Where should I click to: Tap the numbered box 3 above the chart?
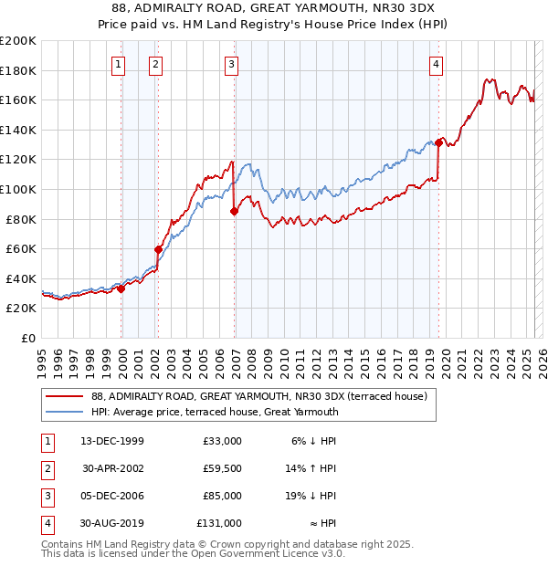click(232, 64)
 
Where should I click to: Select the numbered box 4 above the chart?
click(437, 64)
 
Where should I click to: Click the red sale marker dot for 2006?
click(235, 211)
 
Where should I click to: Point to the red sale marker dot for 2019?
click(439, 142)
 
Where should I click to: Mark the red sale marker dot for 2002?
click(158, 249)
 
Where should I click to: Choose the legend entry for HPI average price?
click(215, 412)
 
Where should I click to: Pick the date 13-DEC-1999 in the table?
click(111, 441)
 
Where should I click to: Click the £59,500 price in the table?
click(222, 468)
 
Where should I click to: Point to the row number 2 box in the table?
click(46, 468)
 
